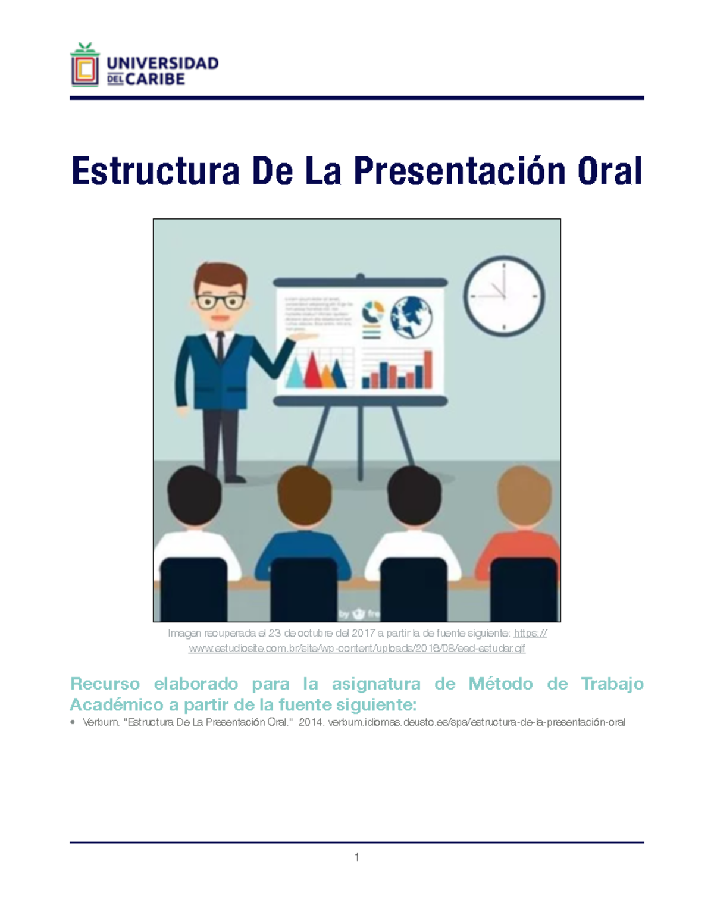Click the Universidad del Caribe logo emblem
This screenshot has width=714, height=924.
pyautogui.click(x=84, y=65)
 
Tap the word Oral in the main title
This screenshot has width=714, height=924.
pyautogui.click(x=609, y=171)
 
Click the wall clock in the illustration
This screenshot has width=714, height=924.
pyautogui.click(x=504, y=296)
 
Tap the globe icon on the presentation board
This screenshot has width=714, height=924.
pyautogui.click(x=411, y=317)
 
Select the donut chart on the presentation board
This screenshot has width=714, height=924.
pyautogui.click(x=373, y=311)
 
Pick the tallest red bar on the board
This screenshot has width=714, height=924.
pyautogui.click(x=428, y=369)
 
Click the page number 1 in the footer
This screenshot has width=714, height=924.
pyautogui.click(x=356, y=857)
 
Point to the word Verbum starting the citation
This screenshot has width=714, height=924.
pyautogui.click(x=101, y=722)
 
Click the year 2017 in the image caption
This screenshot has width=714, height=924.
pyautogui.click(x=363, y=633)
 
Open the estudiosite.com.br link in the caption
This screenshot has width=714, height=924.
pyautogui.click(x=357, y=648)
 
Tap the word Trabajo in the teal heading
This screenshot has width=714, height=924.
pyautogui.click(x=612, y=684)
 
